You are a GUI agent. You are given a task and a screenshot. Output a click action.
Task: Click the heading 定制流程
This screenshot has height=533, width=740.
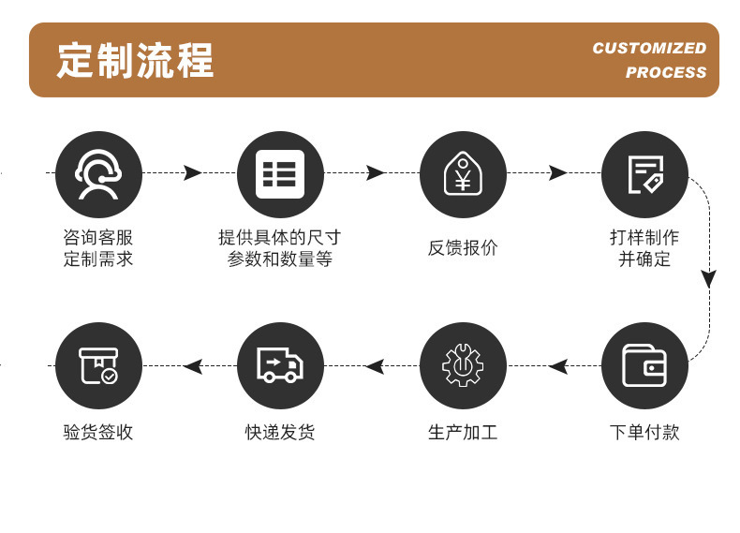pyautogui.click(x=136, y=61)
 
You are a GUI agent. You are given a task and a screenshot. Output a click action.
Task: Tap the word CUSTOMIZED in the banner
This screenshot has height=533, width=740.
pyautogui.click(x=649, y=48)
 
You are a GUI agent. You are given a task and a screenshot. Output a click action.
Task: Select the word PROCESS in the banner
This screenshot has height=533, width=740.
pyautogui.click(x=666, y=73)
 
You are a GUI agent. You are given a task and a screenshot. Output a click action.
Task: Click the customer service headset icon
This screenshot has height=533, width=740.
pyautogui.click(x=98, y=174)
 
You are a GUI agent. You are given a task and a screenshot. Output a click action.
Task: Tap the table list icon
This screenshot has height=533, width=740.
pyautogui.click(x=280, y=174)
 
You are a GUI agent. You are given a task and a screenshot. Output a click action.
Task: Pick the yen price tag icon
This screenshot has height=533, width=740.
pyautogui.click(x=463, y=174)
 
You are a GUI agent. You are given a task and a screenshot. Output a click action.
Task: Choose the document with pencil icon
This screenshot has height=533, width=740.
pyautogui.click(x=644, y=174)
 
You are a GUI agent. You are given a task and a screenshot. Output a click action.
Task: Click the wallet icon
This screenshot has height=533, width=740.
pyautogui.click(x=644, y=365)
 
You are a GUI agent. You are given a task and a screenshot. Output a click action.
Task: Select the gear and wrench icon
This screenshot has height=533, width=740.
pyautogui.click(x=463, y=365)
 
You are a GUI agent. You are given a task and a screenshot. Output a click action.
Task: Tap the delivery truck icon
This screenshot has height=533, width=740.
pyautogui.click(x=280, y=365)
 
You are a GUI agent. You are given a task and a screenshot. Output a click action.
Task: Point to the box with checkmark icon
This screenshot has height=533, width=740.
pyautogui.click(x=98, y=365)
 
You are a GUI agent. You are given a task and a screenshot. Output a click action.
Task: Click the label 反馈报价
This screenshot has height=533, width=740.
pyautogui.click(x=463, y=248)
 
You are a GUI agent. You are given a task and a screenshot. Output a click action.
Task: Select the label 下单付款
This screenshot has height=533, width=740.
pyautogui.click(x=644, y=433)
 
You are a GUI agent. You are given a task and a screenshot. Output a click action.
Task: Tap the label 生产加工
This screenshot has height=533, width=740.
pyautogui.click(x=463, y=433)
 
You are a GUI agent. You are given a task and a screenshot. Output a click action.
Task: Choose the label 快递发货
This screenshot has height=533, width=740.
pyautogui.click(x=280, y=433)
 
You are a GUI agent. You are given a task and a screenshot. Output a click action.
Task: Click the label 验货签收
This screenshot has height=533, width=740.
pyautogui.click(x=98, y=433)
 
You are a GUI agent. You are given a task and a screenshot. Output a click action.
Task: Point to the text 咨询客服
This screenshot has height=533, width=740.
pyautogui.click(x=98, y=238)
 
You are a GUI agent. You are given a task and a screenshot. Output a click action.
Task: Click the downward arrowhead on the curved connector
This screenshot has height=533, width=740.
pyautogui.click(x=709, y=278)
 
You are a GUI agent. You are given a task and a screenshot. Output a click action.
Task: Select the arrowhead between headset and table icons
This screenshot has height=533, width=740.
pyautogui.click(x=193, y=172)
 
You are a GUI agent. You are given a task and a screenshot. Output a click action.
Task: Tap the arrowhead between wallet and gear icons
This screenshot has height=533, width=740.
pyautogui.click(x=558, y=365)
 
